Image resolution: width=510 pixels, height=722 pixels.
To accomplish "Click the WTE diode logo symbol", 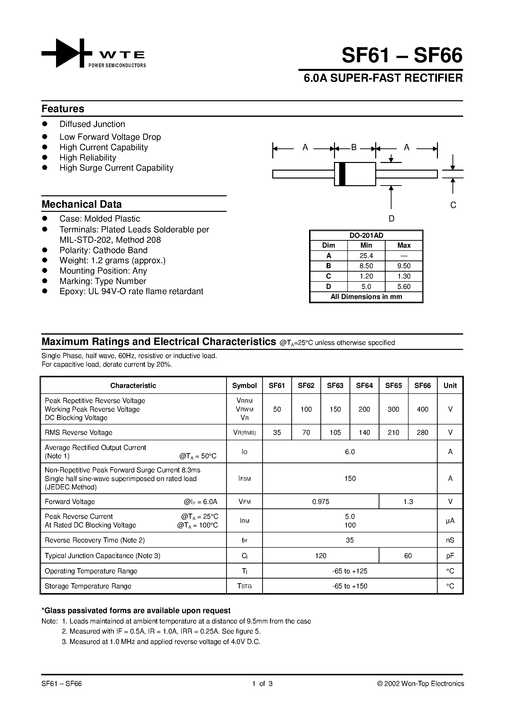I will [67, 53].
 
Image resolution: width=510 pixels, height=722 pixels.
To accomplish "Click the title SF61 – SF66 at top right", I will [402, 55].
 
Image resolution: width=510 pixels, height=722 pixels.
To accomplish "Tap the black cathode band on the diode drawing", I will [342, 174].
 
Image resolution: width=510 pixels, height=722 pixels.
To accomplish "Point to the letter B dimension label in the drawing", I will [354, 147].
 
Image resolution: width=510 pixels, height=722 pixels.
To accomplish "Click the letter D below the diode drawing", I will [392, 219].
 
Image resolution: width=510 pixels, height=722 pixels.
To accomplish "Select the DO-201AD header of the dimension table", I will [366, 236].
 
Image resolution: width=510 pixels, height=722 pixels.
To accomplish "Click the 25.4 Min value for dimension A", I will [366, 256].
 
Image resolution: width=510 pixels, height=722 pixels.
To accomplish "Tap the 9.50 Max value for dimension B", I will [404, 266].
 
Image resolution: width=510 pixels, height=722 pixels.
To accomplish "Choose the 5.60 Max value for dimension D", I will [404, 286].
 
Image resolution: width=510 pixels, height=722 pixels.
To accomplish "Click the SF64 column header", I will [364, 385].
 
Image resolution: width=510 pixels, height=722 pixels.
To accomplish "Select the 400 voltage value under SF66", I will [422, 409].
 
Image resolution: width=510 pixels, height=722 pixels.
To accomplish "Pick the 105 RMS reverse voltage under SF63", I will [335, 432].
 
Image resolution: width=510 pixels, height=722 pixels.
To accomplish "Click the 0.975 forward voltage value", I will [321, 501].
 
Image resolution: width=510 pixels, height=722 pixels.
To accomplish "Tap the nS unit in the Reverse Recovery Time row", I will [450, 540].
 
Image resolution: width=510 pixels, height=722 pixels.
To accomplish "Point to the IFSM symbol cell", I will [244, 479].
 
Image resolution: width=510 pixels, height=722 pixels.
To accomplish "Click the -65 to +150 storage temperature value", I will [350, 586].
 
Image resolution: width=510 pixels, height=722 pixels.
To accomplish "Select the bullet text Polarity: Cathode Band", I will [103, 250].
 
